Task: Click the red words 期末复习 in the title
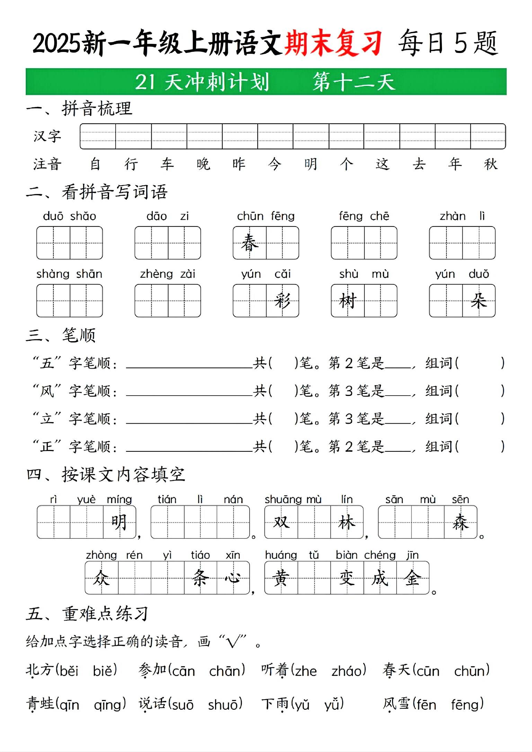point(333,43)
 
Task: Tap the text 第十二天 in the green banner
point(354,82)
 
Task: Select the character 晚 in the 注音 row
point(203,164)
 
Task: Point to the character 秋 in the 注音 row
point(490,164)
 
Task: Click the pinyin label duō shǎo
point(69,216)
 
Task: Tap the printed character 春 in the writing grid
point(249,242)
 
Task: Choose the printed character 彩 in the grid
point(282,301)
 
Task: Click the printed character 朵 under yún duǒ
point(479,301)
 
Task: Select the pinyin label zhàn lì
point(462,216)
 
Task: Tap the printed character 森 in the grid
point(460,522)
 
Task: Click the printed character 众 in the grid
point(101,578)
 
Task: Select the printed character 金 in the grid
point(413,578)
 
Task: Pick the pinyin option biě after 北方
point(105,671)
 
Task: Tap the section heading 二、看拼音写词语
point(97,192)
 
